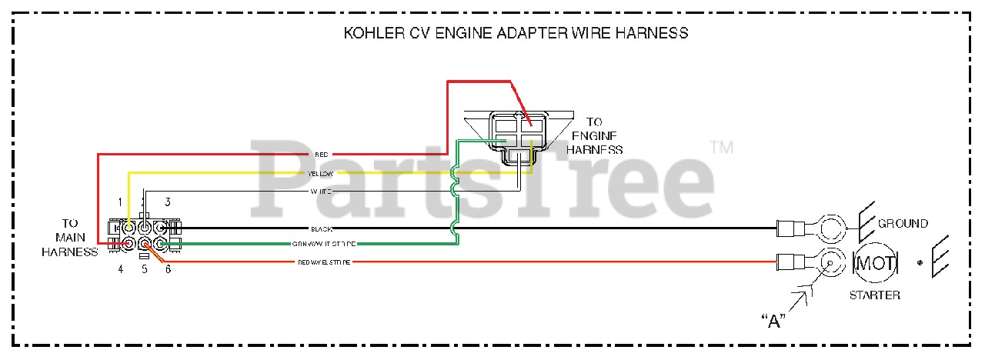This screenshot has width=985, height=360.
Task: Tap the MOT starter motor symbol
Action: click(876, 264)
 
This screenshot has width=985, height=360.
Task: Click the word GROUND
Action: click(903, 224)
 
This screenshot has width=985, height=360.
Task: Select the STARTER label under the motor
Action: click(874, 295)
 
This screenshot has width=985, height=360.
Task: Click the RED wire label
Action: click(322, 155)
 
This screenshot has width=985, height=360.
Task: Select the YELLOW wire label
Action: click(321, 173)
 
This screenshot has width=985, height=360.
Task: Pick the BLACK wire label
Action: click(321, 229)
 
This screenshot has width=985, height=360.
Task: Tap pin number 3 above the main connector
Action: click(167, 202)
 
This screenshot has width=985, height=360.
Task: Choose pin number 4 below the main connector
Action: click(121, 268)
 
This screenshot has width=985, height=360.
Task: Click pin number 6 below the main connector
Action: click(168, 268)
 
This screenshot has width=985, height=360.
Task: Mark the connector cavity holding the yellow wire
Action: click(129, 228)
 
